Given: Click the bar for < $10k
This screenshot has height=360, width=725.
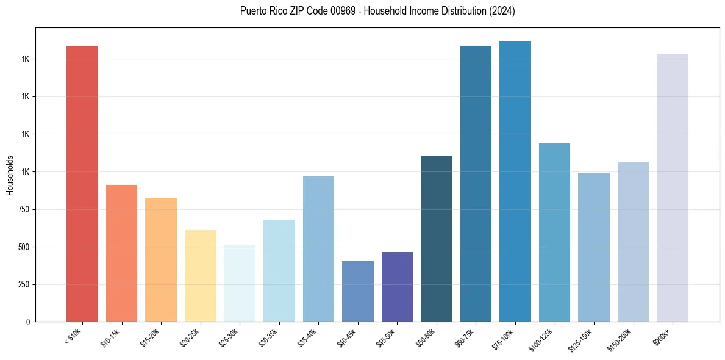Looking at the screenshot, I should pyautogui.click(x=82, y=183).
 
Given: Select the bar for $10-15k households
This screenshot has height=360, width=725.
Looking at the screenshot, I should pyautogui.click(x=121, y=253).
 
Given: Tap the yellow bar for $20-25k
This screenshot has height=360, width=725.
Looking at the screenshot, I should pyautogui.click(x=200, y=275).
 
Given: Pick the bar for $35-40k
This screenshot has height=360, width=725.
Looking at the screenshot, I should pyautogui.click(x=318, y=248).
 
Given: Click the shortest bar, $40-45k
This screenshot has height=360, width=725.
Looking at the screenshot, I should pyautogui.click(x=358, y=291).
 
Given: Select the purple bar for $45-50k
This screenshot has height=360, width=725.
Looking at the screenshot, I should pyautogui.click(x=397, y=286).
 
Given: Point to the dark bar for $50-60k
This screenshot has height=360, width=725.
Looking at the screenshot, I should pyautogui.click(x=437, y=238).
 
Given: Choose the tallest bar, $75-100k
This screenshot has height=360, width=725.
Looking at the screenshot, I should pyautogui.click(x=515, y=181).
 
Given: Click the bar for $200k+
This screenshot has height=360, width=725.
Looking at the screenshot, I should pyautogui.click(x=673, y=187).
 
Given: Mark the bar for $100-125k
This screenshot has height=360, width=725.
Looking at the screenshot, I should pyautogui.click(x=554, y=232).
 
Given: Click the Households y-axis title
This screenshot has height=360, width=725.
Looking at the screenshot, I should pyautogui.click(x=10, y=175).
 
